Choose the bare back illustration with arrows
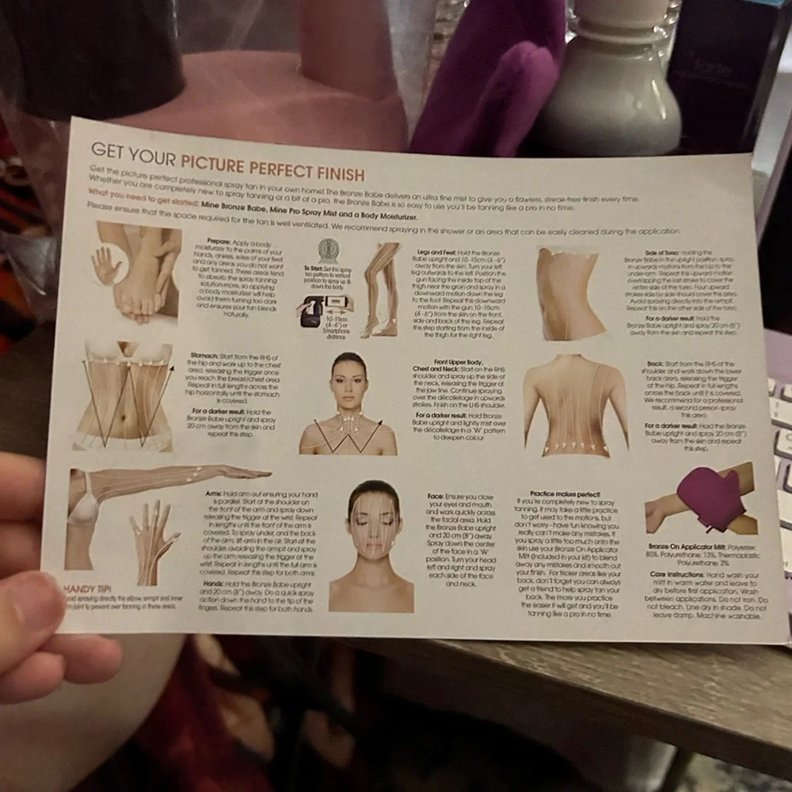574,405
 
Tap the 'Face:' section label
436,497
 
